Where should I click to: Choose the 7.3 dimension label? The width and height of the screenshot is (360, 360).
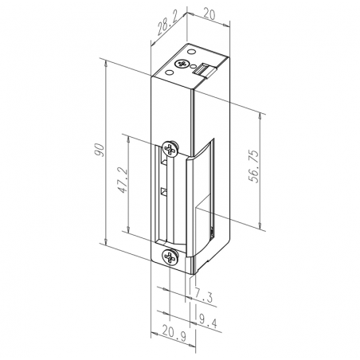click(204, 296)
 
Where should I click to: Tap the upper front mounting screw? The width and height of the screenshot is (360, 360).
click(170, 150)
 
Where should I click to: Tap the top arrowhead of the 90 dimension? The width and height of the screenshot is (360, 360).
click(106, 61)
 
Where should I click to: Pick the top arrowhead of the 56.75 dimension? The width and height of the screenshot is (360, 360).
click(262, 107)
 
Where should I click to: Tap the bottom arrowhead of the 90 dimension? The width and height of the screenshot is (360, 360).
click(106, 241)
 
